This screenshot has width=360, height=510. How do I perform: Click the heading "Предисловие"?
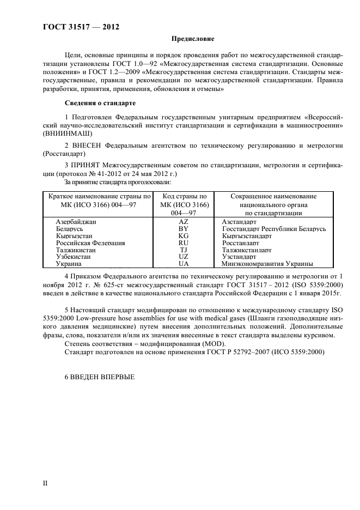tap(193, 39)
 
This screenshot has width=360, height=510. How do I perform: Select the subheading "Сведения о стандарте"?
tap(100, 103)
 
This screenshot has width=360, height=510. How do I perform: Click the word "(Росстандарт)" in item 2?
tap(65, 154)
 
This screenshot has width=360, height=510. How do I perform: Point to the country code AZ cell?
tap(183, 222)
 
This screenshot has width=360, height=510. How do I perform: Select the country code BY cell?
tap(183, 229)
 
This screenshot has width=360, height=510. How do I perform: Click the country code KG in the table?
tap(183, 236)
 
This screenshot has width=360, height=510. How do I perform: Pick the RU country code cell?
tap(183, 243)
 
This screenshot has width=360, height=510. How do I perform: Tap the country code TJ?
tap(183, 250)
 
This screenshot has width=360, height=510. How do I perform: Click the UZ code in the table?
tap(183, 257)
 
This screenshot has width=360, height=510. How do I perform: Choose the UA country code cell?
tap(183, 264)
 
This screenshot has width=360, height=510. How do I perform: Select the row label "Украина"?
tap(69, 264)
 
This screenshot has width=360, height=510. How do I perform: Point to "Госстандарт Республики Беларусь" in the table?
tap(274, 229)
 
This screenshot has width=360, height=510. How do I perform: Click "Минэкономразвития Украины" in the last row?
tap(267, 264)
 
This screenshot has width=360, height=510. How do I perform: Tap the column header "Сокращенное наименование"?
tap(273, 196)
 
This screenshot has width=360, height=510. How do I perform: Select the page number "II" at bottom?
tap(46, 483)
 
